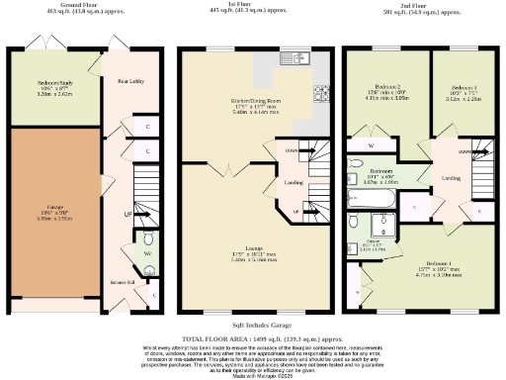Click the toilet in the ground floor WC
(148, 239)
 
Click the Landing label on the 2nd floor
(451, 177)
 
